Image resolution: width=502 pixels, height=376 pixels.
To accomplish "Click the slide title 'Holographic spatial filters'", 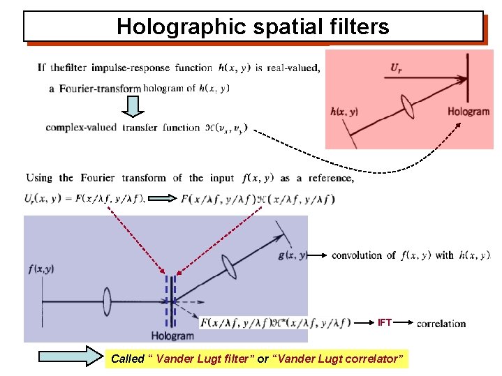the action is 253,27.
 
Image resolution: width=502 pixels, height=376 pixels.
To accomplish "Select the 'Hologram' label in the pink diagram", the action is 468,112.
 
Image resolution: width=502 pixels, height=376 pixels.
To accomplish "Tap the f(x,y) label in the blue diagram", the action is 43,269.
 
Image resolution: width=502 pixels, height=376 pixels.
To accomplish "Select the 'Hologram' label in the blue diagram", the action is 172,336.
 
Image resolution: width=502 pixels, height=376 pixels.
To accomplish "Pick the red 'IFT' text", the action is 385,322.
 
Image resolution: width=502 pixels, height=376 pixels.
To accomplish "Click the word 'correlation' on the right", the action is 441,324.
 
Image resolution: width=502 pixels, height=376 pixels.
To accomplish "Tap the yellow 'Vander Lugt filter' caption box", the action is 257,359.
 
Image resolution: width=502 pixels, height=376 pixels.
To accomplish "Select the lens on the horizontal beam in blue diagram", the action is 108,301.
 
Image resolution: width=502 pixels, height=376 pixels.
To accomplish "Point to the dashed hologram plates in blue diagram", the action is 171,301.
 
